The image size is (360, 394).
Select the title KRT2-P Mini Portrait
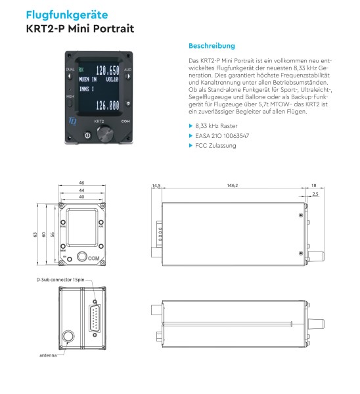pos(80,29)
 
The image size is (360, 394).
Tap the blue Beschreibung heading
pos(212,46)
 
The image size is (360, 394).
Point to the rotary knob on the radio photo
pos(104,134)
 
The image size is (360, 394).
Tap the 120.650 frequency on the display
pos(107,70)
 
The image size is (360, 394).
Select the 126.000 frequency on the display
pos(107,104)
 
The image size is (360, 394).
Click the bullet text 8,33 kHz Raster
pos(216,125)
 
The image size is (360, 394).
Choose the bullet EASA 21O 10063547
pos(223,135)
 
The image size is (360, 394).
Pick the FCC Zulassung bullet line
pos(215,146)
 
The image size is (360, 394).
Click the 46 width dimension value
pos(81,183)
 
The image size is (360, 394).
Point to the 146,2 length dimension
pos(232,186)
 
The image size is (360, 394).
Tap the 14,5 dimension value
pos(156,186)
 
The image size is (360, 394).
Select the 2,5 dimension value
pos(315,194)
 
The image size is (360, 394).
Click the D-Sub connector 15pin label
pos(60,279)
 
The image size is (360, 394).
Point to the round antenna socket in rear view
pos(69,339)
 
